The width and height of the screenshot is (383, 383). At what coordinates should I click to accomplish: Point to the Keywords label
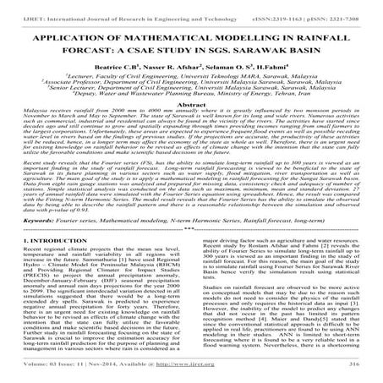(34, 238)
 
